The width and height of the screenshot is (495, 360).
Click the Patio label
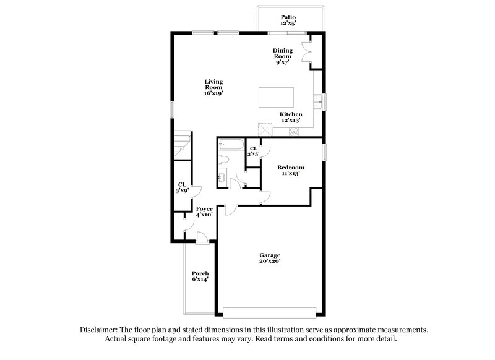pyautogui.click(x=288, y=20)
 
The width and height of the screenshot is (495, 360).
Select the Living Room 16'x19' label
pyautogui.click(x=214, y=87)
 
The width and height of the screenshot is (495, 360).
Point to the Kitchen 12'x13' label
pyautogui.click(x=291, y=118)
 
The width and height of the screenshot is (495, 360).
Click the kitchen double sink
pyautogui.click(x=318, y=101)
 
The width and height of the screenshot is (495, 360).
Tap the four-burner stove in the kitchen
pyautogui.click(x=293, y=131)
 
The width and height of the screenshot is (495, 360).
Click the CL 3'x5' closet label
pyautogui.click(x=254, y=150)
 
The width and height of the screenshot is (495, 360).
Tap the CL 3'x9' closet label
pyautogui.click(x=182, y=187)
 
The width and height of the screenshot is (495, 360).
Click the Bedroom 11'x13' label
pyautogui.click(x=290, y=170)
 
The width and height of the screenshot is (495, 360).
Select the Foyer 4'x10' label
pyautogui.click(x=204, y=212)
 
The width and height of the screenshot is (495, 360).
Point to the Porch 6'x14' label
pyautogui.click(x=200, y=276)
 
